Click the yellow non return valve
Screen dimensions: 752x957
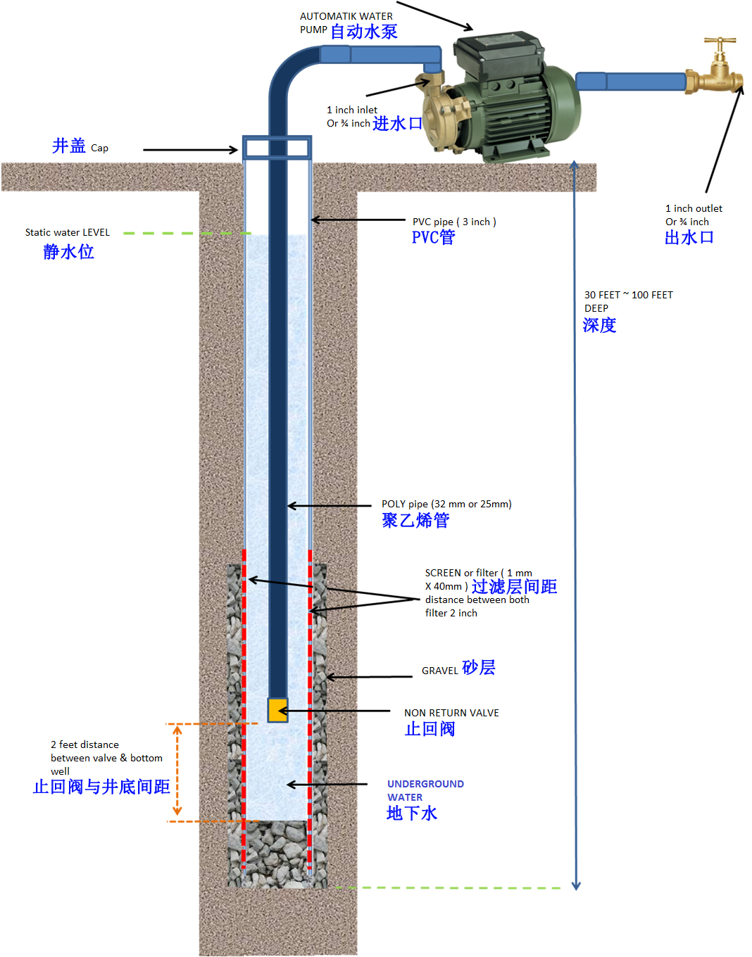point(277,709)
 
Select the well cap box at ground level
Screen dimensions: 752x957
point(277,148)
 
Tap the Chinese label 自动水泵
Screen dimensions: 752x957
point(364,31)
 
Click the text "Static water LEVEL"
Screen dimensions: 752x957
point(68,232)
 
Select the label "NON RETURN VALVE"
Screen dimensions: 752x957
point(451,713)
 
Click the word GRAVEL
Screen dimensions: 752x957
point(439,671)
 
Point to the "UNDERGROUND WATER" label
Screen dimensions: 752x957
point(425,790)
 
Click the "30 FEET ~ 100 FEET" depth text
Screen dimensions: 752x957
point(629,295)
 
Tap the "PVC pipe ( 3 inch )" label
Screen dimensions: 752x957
point(454,222)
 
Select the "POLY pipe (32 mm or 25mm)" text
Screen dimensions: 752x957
point(446,504)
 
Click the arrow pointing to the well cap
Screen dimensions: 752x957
point(190,150)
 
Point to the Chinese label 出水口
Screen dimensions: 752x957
point(689,237)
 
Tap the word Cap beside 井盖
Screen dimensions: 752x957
point(99,148)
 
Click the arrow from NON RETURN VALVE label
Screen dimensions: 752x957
point(334,711)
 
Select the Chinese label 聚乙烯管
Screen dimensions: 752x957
point(415,520)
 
